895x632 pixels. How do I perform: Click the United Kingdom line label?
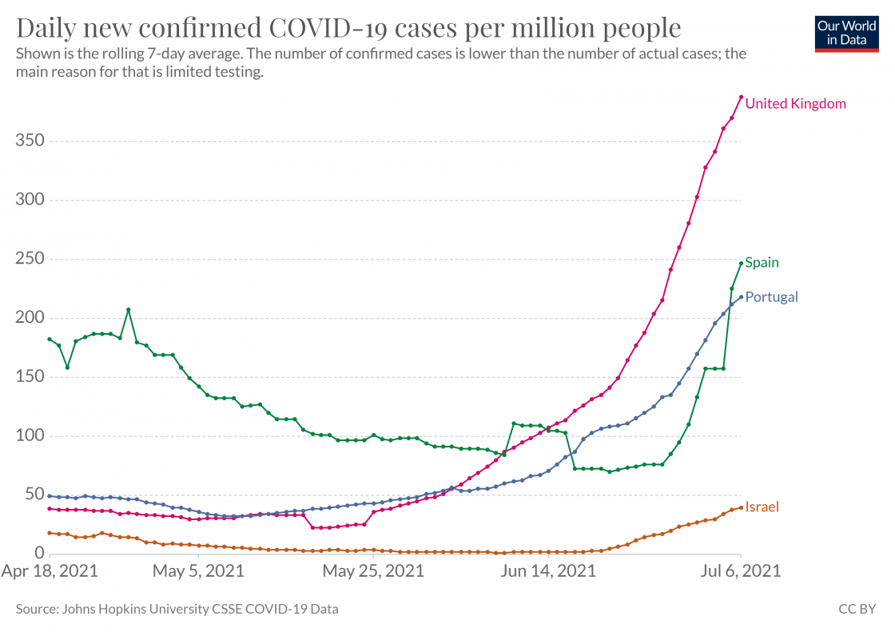(x=795, y=104)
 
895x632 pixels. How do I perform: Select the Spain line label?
(x=762, y=263)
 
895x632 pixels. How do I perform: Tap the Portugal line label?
(x=771, y=297)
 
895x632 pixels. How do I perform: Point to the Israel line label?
(x=762, y=507)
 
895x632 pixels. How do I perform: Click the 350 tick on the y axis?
(x=29, y=141)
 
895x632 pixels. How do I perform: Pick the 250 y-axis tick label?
(x=29, y=260)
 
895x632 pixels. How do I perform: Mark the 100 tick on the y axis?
(x=29, y=436)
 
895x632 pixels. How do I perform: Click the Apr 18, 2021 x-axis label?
(x=50, y=572)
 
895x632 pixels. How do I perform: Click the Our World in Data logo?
(x=846, y=33)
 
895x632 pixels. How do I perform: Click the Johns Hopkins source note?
(x=177, y=609)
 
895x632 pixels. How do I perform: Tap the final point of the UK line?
(x=741, y=97)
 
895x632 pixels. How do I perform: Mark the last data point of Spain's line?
(x=741, y=264)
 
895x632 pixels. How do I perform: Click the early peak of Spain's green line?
(x=129, y=310)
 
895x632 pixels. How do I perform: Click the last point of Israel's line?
(x=741, y=507)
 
